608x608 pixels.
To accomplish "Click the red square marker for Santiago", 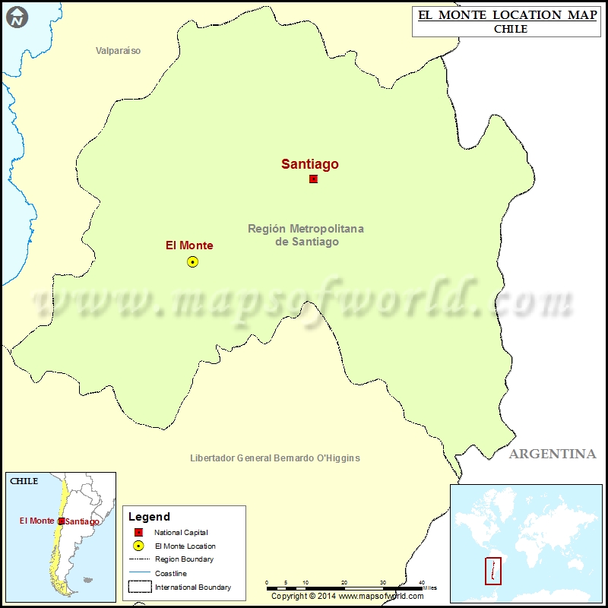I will coord(313,179).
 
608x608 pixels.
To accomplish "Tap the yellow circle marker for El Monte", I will coord(192,261).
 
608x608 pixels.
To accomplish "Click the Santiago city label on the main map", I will coord(310,163).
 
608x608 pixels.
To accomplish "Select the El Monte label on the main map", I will coord(189,245).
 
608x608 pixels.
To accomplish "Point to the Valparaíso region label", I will coord(118,51).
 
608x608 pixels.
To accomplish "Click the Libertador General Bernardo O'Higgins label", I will coord(274,458).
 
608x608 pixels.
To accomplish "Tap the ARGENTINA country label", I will coord(553,454).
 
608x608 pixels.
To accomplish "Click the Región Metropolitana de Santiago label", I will coord(306,235).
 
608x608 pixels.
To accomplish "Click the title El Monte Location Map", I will coord(508,15).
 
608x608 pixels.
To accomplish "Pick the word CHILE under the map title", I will coord(508,30).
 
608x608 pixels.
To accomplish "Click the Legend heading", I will coord(149,517).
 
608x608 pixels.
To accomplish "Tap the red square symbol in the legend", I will coord(138,532).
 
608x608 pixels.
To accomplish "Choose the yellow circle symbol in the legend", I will coord(138,546).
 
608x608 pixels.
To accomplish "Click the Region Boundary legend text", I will coord(183,559).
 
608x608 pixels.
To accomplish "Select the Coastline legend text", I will coord(170,573).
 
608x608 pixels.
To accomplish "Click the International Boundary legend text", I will coord(193,587).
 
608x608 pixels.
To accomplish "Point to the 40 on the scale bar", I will coord(422,582).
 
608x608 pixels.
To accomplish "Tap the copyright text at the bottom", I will coord(348,597).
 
